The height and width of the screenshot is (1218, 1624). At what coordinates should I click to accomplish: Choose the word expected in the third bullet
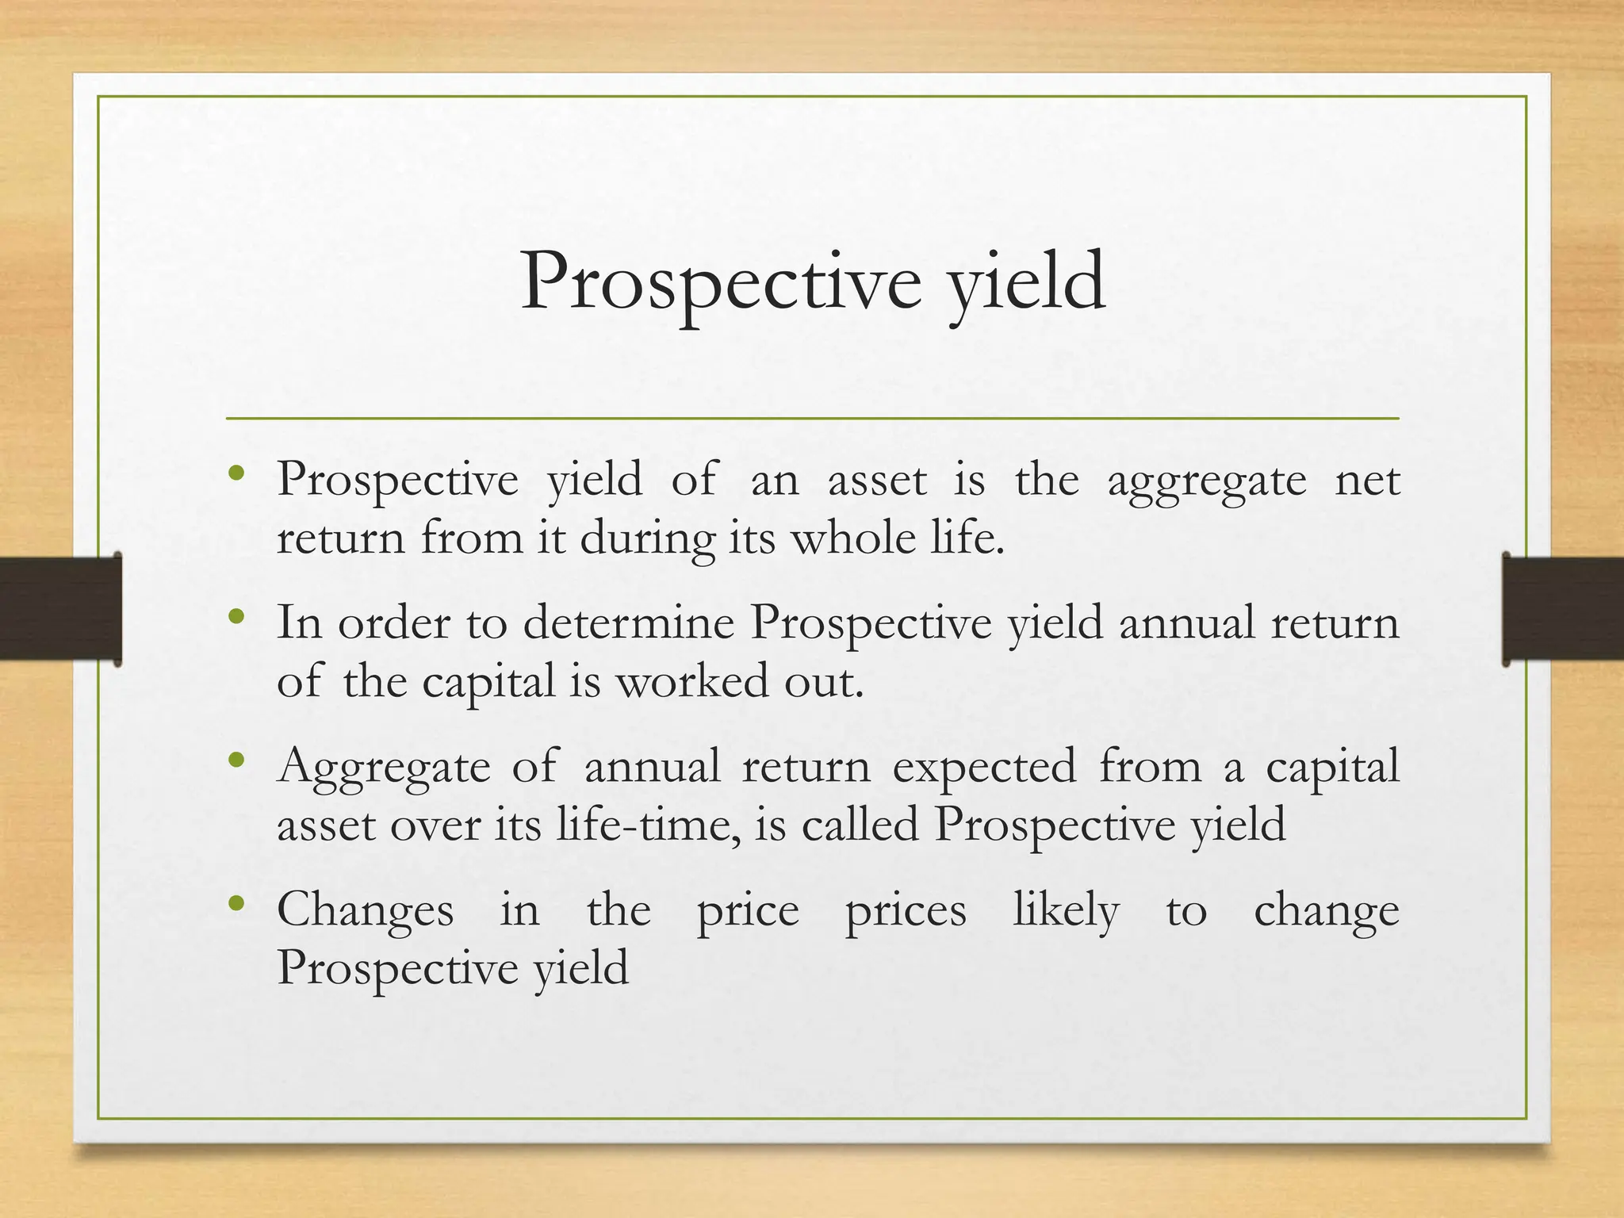tap(984, 767)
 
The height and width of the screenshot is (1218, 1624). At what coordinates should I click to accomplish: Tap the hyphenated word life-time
tap(648, 825)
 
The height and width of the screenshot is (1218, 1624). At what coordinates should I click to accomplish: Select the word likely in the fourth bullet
tap(1066, 910)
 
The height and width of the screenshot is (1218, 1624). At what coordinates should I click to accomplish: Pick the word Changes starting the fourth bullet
tap(366, 910)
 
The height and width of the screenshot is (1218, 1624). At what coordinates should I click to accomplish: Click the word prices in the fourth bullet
tap(906, 910)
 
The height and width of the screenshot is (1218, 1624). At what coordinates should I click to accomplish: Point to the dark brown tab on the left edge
tap(60, 608)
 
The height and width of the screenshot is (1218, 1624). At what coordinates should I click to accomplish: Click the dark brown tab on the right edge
tap(1562, 608)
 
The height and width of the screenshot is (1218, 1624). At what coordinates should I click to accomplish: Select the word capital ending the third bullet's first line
tap(1332, 767)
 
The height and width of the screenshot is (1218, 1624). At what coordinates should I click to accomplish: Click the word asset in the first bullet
tap(876, 481)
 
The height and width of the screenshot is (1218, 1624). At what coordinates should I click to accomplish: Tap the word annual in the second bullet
tap(1186, 622)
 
